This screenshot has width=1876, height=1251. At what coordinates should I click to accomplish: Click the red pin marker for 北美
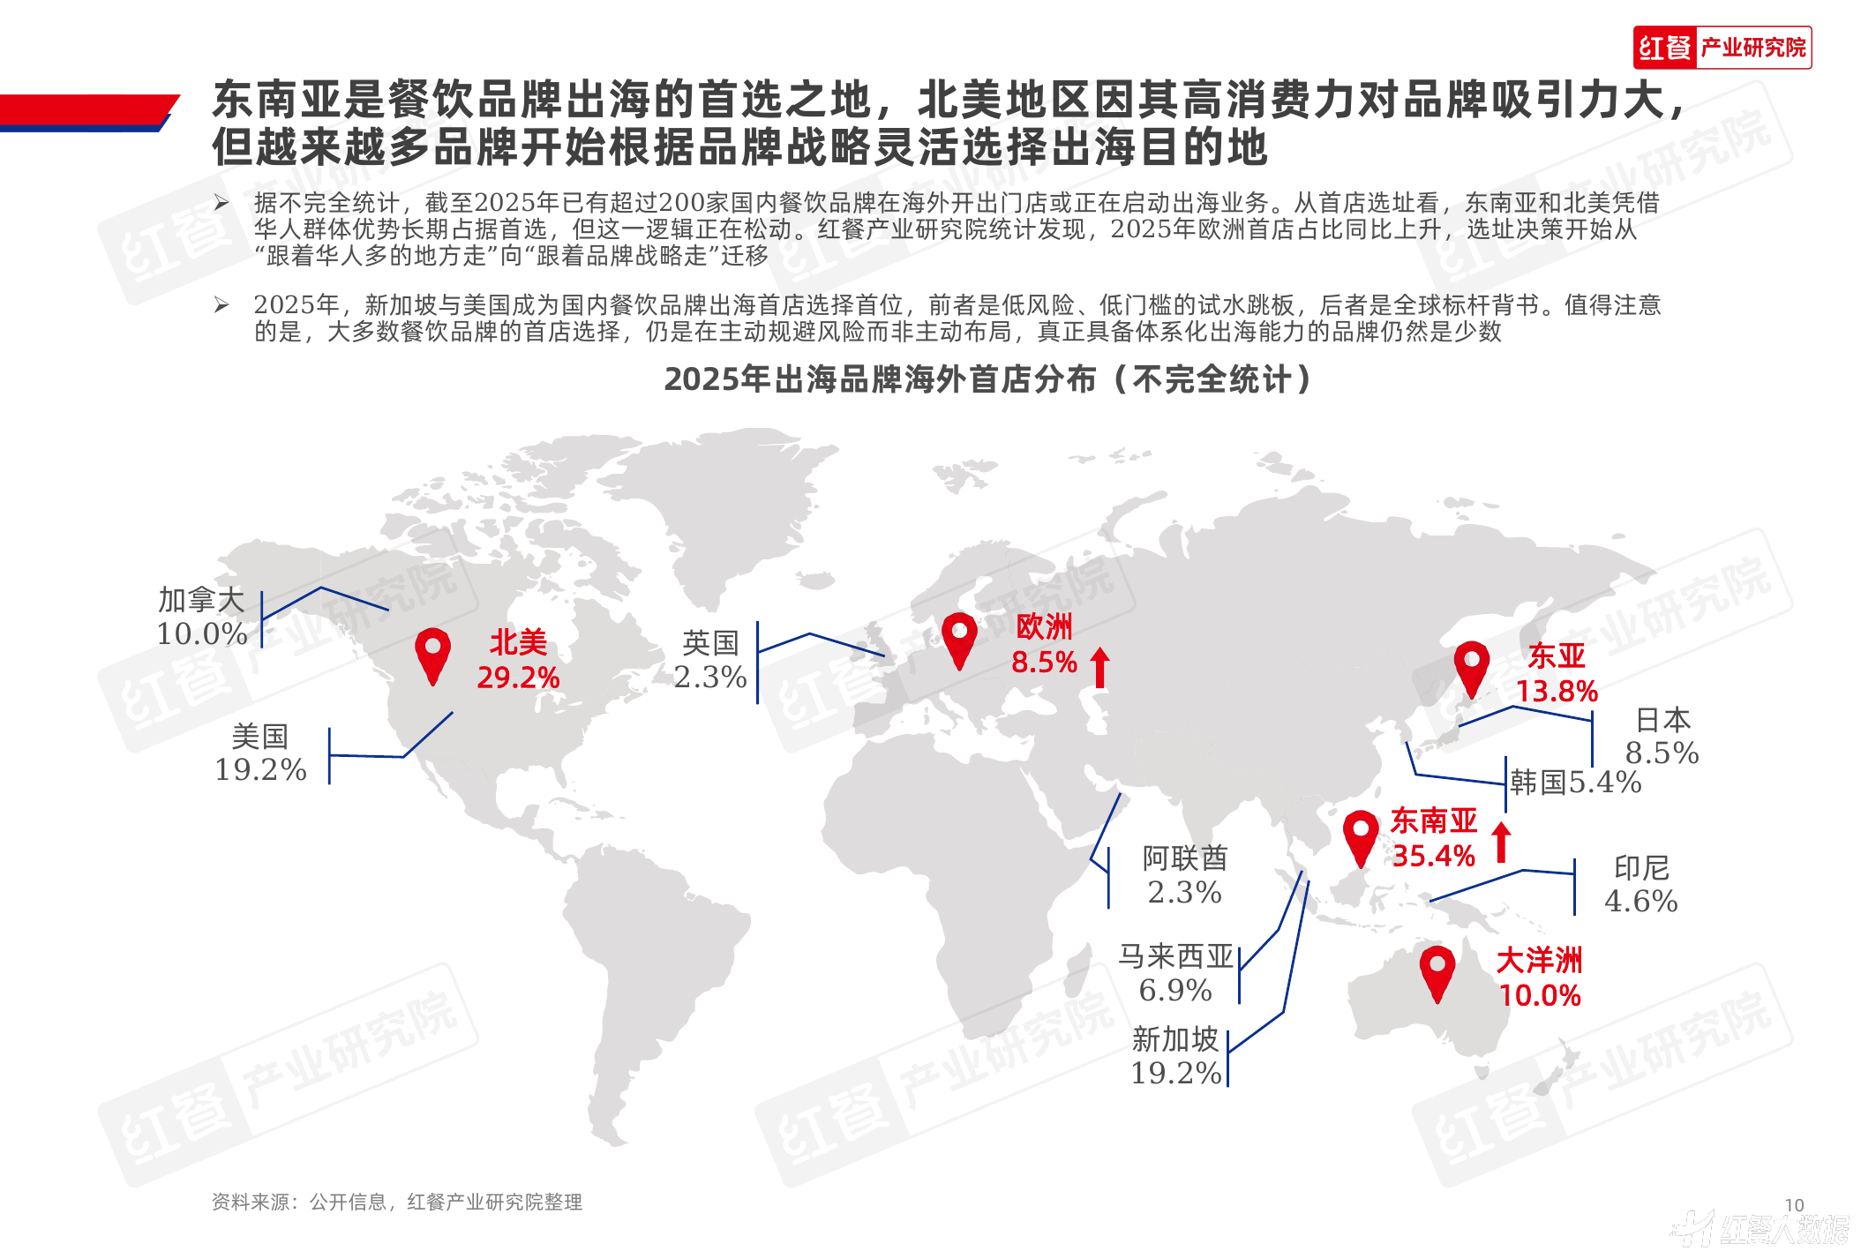[x=432, y=656]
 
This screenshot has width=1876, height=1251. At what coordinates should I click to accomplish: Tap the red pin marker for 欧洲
[x=959, y=641]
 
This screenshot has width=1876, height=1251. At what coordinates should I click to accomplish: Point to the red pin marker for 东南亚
[x=1361, y=839]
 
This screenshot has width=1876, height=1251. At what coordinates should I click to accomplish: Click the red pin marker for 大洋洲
[x=1437, y=974]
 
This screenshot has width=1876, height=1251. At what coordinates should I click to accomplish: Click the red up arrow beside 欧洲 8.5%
[x=1099, y=667]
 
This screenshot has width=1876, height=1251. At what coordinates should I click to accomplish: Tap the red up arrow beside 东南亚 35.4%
[x=1501, y=843]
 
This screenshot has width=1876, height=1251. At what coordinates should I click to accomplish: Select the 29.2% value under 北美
[x=518, y=678]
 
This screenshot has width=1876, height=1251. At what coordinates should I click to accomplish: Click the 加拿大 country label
[x=201, y=600]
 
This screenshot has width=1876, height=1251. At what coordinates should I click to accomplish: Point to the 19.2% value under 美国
[x=260, y=769]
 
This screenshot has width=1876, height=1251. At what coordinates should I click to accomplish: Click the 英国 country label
[x=710, y=643]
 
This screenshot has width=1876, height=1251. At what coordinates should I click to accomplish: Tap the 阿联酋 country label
[x=1185, y=858]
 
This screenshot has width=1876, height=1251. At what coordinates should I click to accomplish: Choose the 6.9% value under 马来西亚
[x=1175, y=990]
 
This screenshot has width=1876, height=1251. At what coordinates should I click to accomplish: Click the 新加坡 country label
[x=1175, y=1039]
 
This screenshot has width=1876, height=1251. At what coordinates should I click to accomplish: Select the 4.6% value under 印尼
[x=1641, y=901]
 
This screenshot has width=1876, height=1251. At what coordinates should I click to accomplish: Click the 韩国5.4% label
[x=1576, y=782]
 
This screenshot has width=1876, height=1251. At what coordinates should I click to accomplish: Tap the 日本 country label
[x=1663, y=720]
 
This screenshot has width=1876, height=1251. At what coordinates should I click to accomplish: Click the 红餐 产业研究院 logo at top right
[x=1722, y=48]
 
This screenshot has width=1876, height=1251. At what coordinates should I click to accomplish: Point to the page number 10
[x=1794, y=1205]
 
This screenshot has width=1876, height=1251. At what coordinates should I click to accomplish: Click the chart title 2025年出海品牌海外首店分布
[x=880, y=379]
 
